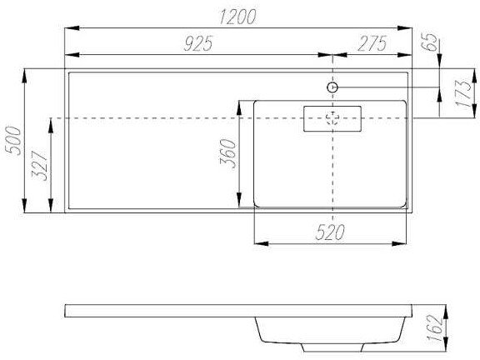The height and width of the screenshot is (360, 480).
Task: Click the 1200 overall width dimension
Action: (237, 17)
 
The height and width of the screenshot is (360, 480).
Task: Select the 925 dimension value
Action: (198, 43)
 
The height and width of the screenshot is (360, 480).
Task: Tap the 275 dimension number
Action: (372, 43)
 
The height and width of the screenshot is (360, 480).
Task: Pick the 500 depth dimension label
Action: (14, 141)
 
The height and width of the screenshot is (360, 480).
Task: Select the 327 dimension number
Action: (40, 166)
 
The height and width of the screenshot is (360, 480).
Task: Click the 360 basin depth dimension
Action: (228, 153)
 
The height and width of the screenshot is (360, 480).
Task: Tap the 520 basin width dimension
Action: (330, 232)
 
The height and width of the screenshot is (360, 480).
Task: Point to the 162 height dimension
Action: (435, 328)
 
